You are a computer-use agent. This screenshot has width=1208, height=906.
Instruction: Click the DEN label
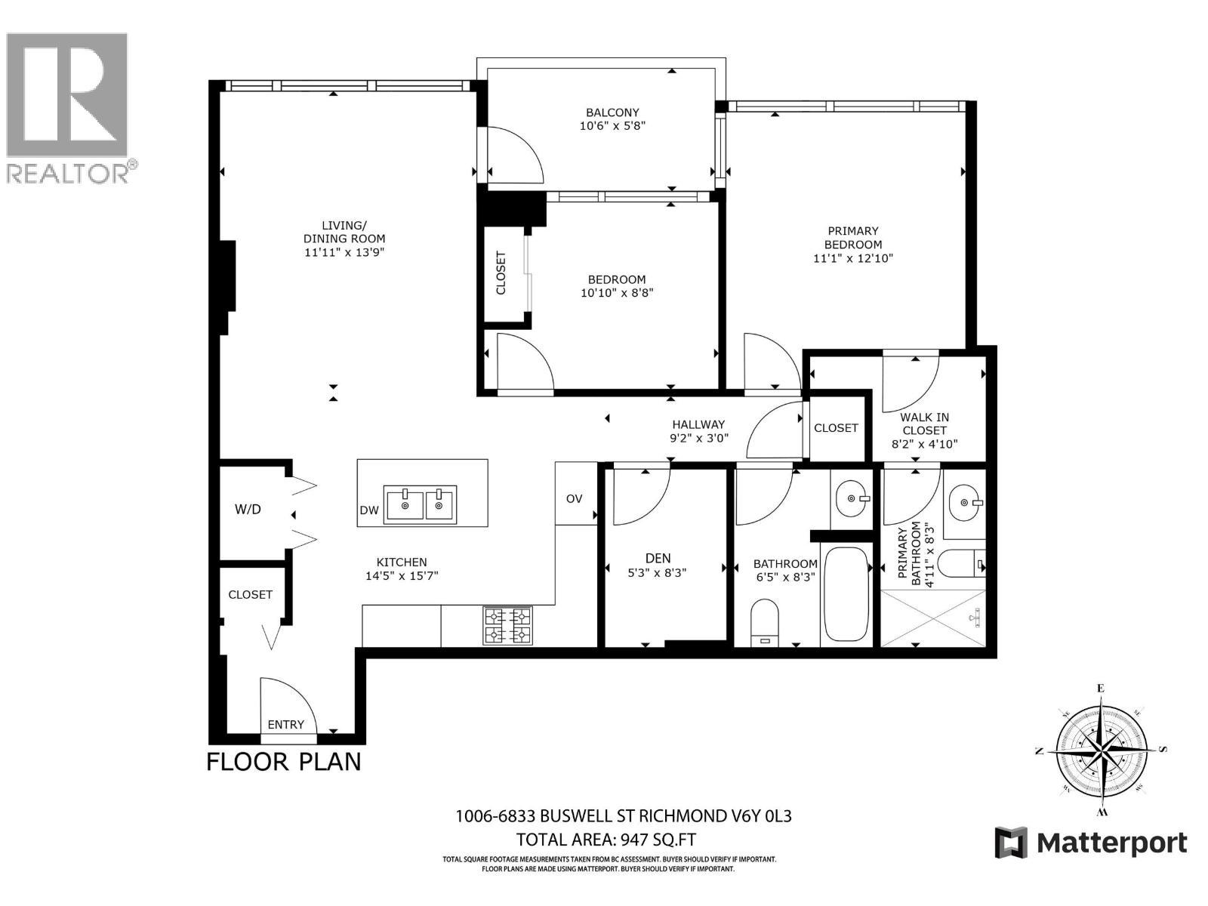pos(658,558)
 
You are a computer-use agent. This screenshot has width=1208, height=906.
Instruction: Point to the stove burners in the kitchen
pos(507,626)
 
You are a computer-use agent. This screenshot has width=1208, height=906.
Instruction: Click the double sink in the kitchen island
pos(420,504)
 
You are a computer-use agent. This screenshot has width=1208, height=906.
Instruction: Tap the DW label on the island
pos(368,510)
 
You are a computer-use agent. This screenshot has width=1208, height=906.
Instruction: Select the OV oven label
pos(575,498)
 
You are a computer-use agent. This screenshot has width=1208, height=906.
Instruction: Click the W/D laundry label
pos(248,510)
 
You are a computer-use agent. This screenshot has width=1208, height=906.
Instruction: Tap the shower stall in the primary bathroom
pos(933,618)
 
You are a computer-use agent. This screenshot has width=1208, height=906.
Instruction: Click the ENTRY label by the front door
pos(285,724)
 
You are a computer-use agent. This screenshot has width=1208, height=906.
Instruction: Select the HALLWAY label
pos(698,424)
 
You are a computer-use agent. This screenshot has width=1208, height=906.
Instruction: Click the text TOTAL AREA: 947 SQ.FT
pos(606,840)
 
